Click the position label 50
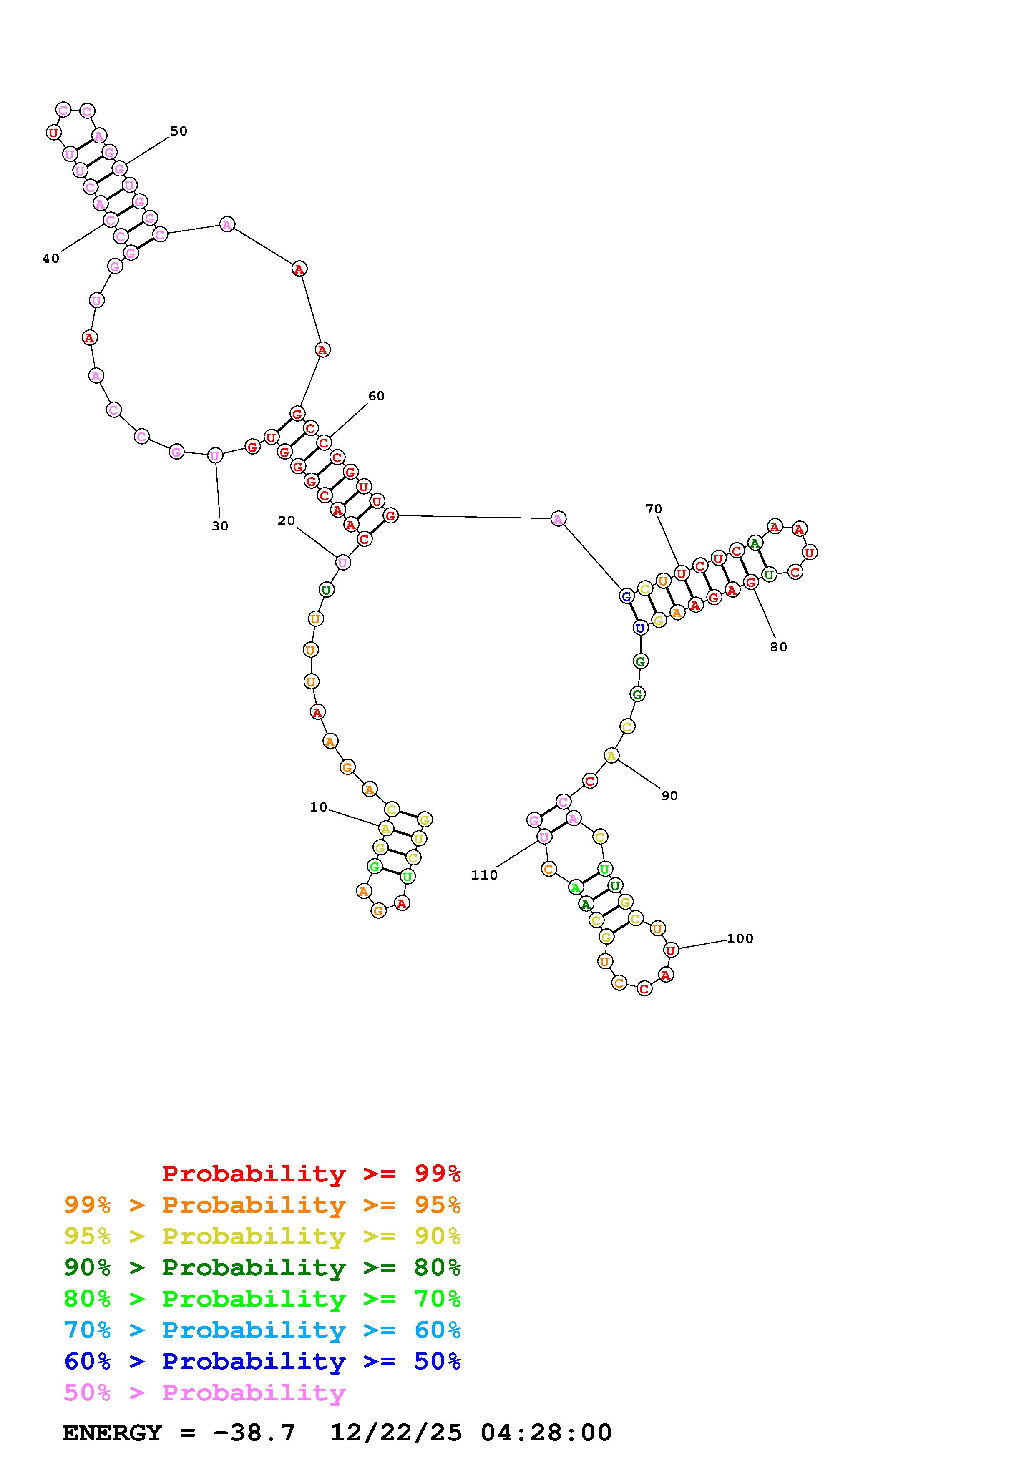point(179,131)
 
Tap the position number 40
point(51,258)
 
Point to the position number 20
point(287,520)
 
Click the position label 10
point(319,807)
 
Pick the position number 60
point(377,396)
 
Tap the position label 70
point(654,509)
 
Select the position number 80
point(779,647)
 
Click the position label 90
point(669,796)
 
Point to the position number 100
point(740,939)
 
